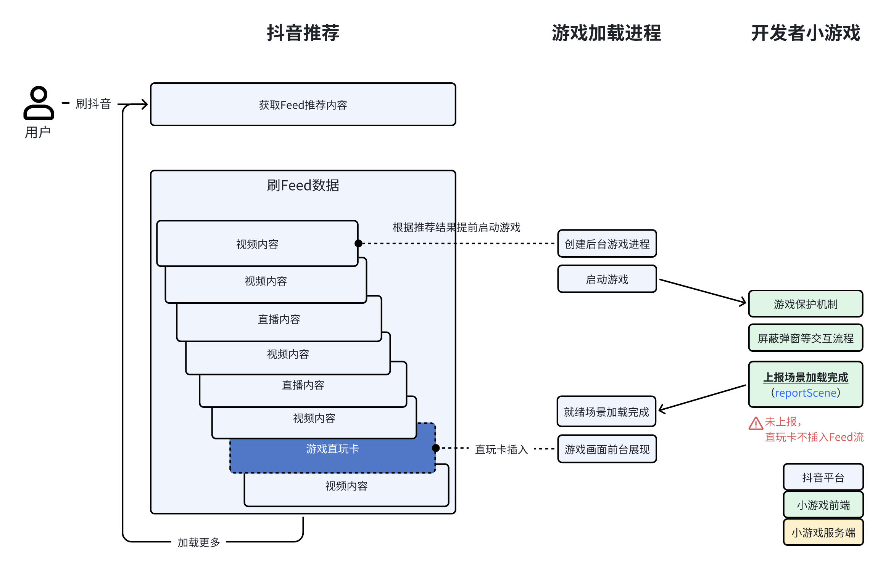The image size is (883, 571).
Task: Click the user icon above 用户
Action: (x=39, y=103)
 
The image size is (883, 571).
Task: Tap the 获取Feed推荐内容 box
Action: (x=303, y=104)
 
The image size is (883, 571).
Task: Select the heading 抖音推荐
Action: (x=303, y=33)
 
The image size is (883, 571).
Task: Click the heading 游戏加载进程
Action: (x=606, y=33)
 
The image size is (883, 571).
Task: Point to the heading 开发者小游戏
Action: (x=805, y=33)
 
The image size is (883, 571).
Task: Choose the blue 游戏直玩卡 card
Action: (x=332, y=449)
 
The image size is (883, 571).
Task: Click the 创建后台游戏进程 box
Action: (x=607, y=244)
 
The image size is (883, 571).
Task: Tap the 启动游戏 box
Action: (x=607, y=279)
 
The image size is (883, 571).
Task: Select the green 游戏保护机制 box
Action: (x=805, y=304)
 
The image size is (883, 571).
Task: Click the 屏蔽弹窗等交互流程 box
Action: (x=805, y=338)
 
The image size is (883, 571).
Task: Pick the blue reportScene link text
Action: (x=805, y=393)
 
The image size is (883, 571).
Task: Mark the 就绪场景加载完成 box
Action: (x=606, y=412)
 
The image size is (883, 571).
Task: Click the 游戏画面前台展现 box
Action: (x=607, y=449)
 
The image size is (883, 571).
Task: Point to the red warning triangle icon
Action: (x=756, y=423)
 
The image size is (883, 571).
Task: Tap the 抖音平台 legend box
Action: (x=823, y=477)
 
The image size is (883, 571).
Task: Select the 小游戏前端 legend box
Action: (x=823, y=505)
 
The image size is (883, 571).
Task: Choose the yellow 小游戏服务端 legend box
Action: (x=823, y=533)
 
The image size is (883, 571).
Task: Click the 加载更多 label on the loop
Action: (x=199, y=542)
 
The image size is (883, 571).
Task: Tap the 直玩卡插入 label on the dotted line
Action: (x=501, y=449)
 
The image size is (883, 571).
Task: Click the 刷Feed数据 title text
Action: (x=303, y=186)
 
